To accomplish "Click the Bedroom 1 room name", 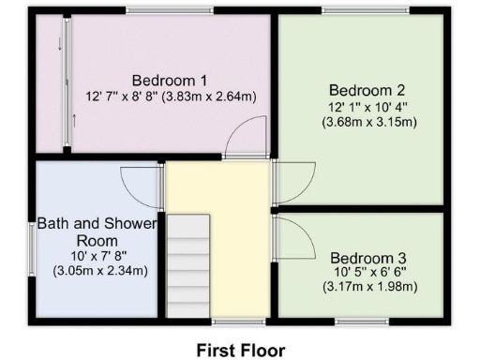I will [170, 80].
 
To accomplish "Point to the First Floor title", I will [240, 349].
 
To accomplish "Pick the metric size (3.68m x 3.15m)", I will [369, 121].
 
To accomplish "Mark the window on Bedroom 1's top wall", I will [165, 11].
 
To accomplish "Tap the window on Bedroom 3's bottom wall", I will [362, 322].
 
